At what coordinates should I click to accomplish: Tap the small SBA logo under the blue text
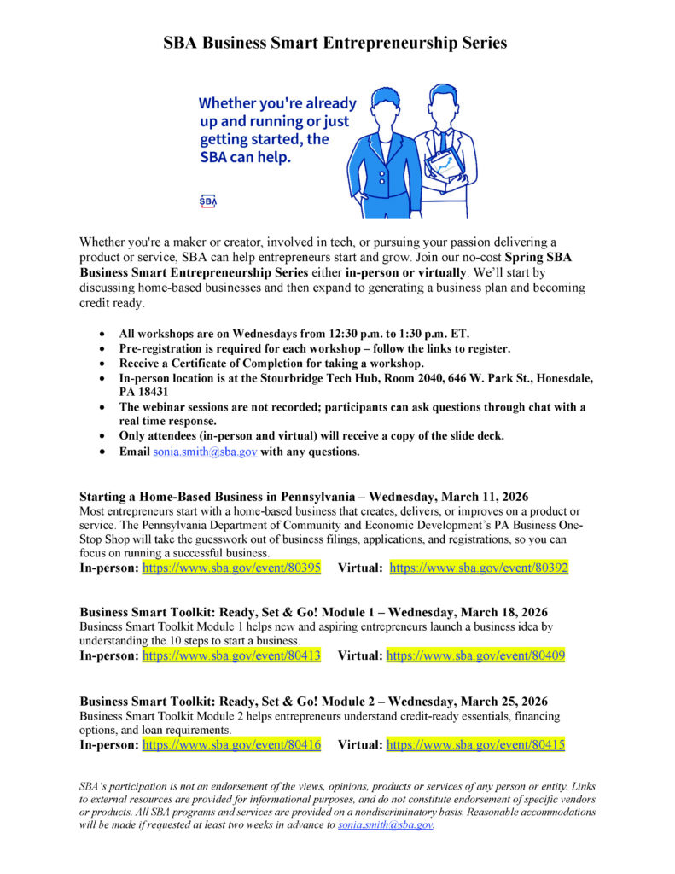[x=208, y=201]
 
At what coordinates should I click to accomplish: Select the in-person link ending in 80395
[x=231, y=568]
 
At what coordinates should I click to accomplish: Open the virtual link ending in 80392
[x=479, y=568]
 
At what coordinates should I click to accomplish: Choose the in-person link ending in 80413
[x=231, y=656]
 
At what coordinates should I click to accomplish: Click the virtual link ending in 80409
[x=475, y=656]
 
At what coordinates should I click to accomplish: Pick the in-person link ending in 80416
[x=231, y=745]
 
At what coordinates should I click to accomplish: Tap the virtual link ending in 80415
[x=475, y=745]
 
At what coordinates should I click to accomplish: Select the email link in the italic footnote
[x=386, y=826]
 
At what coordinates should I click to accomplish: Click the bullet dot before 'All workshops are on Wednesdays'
[x=103, y=334]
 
